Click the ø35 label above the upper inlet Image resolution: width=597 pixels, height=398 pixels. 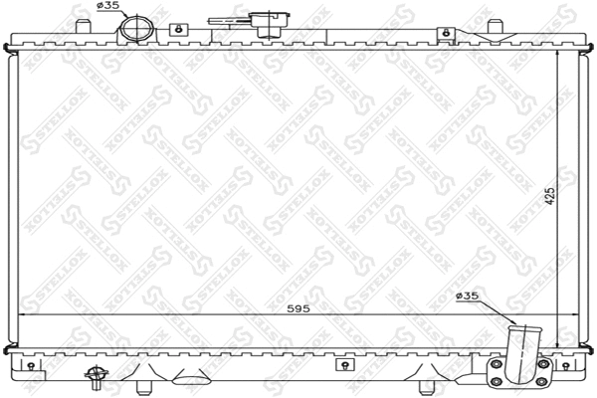point(107,7)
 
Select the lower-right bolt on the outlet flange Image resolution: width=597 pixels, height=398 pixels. point(543,381)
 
